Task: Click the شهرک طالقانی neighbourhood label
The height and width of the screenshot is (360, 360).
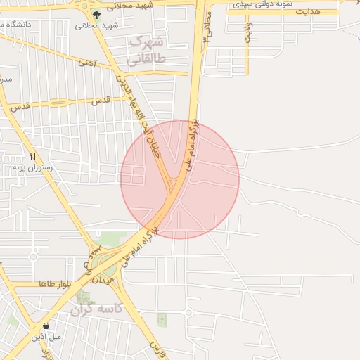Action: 148,49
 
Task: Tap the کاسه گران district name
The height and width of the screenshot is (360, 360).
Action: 97,309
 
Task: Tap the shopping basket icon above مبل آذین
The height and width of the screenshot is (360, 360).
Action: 46,326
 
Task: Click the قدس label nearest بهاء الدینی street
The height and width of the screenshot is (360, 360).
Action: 102,100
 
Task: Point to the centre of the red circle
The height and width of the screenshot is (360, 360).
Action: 179,179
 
